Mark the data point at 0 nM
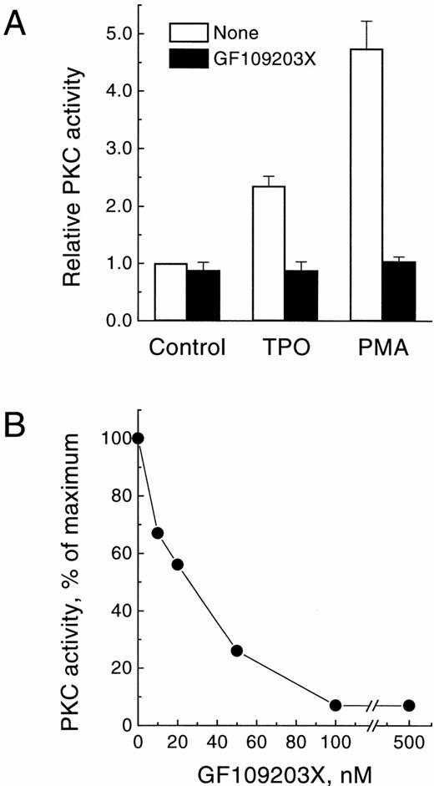[x=139, y=439]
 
